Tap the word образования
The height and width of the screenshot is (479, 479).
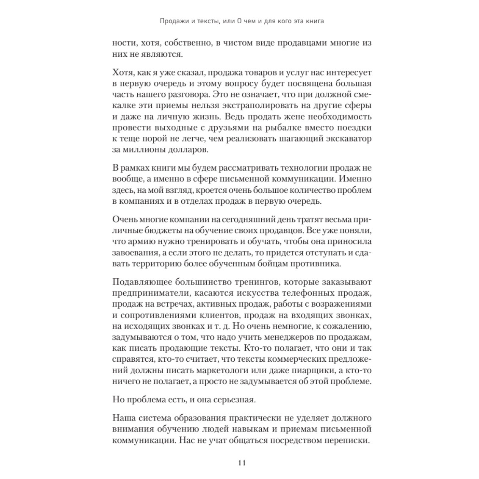[212, 418]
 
